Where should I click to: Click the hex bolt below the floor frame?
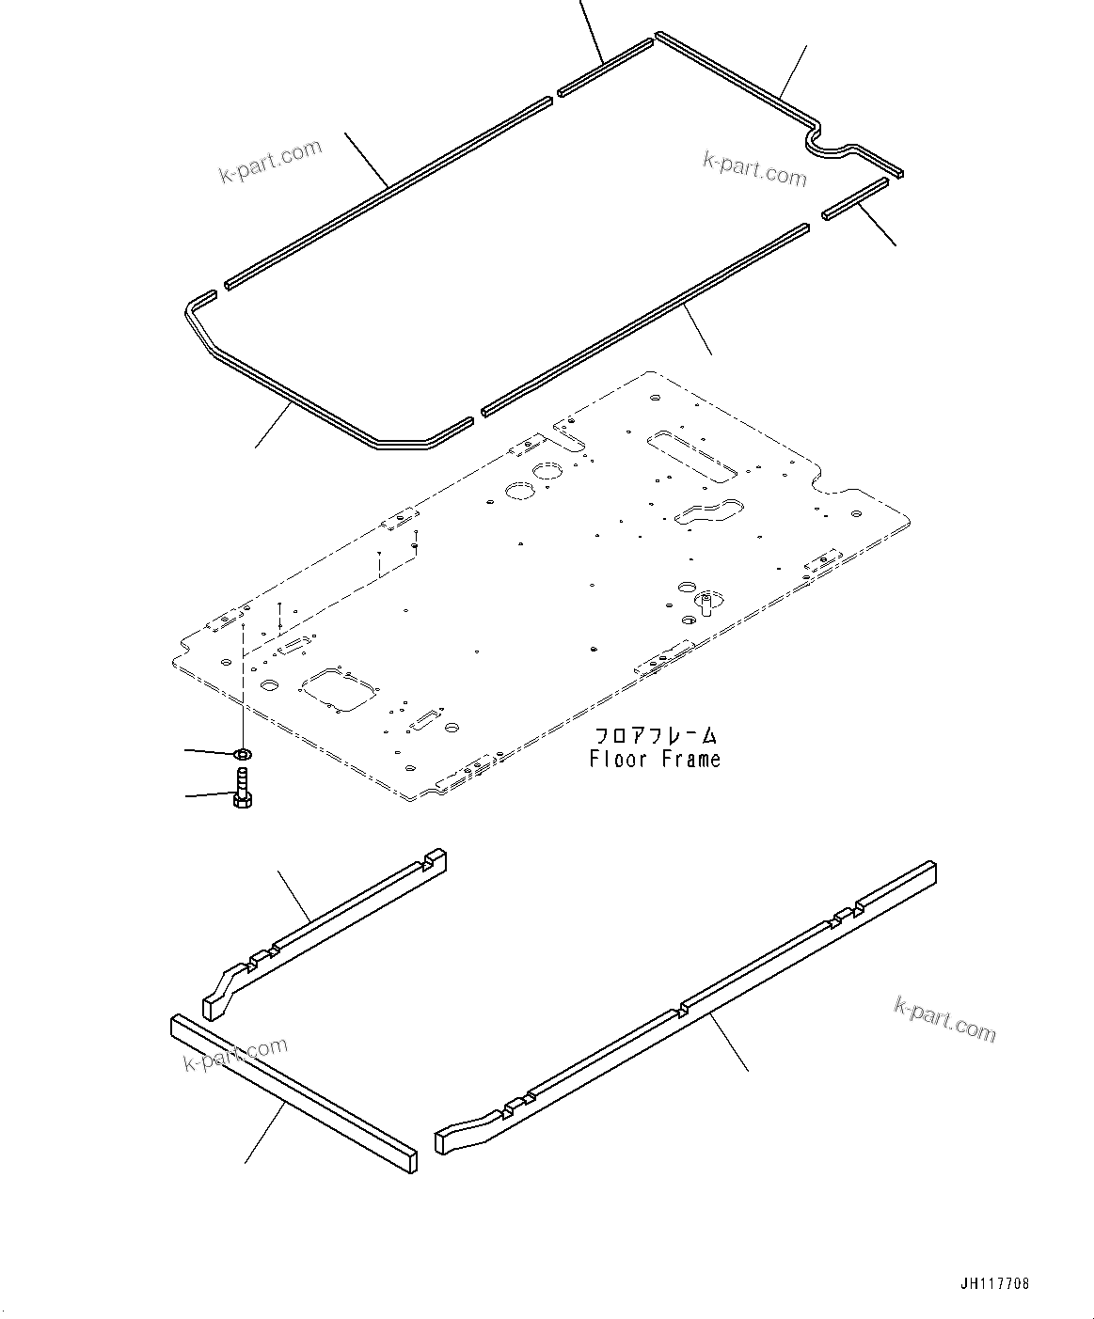242,789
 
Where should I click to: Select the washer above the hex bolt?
242,754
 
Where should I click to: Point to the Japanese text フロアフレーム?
655,735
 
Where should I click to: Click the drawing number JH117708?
995,1283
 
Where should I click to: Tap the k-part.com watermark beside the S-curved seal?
754,169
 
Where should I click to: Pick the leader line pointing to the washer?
209,751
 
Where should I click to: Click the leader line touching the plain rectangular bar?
265,1134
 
